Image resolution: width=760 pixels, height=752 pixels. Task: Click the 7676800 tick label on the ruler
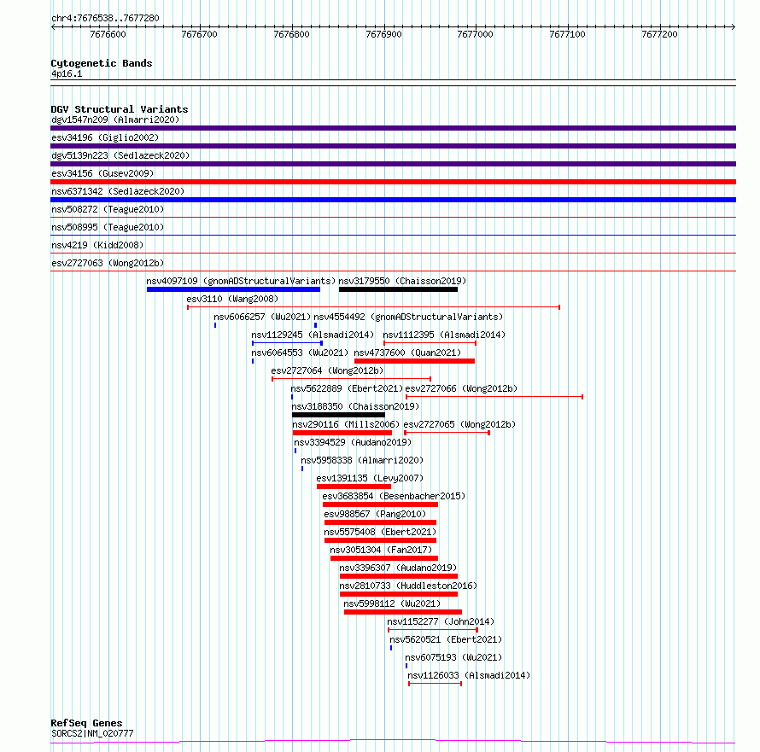pyautogui.click(x=291, y=34)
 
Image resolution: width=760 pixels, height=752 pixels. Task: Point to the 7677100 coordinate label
pyautogui.click(x=567, y=34)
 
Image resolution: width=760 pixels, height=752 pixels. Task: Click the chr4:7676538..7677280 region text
pyautogui.click(x=105, y=19)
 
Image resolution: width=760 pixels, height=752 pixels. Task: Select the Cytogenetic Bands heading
pyautogui.click(x=102, y=63)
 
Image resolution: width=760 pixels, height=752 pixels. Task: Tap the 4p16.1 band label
pyautogui.click(x=67, y=73)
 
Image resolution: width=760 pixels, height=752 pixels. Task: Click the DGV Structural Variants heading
pyautogui.click(x=120, y=109)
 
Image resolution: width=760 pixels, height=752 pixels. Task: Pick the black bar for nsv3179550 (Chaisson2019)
pyautogui.click(x=398, y=289)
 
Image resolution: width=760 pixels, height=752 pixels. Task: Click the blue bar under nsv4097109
pyautogui.click(x=233, y=289)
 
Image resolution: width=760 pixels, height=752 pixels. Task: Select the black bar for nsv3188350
pyautogui.click(x=338, y=415)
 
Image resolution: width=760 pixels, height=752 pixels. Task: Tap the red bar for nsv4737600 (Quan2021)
pyautogui.click(x=414, y=361)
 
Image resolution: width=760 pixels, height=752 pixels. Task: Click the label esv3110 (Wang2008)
pyautogui.click(x=232, y=299)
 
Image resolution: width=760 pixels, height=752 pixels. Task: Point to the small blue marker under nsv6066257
pyautogui.click(x=215, y=325)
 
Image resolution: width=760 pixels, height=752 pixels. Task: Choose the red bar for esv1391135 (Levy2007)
pyautogui.click(x=354, y=487)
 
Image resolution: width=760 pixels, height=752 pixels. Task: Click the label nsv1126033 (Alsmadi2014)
pyautogui.click(x=469, y=675)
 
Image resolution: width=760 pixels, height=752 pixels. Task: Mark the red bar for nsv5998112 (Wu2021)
pyautogui.click(x=403, y=612)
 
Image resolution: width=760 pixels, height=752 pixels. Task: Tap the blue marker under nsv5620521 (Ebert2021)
pyautogui.click(x=391, y=648)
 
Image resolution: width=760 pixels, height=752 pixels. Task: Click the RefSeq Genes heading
pyautogui.click(x=86, y=723)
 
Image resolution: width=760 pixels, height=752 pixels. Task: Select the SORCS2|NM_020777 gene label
pyautogui.click(x=92, y=733)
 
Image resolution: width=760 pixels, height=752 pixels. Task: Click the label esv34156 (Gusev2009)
pyautogui.click(x=102, y=173)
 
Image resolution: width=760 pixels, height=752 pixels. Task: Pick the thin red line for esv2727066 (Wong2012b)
pyautogui.click(x=494, y=397)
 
